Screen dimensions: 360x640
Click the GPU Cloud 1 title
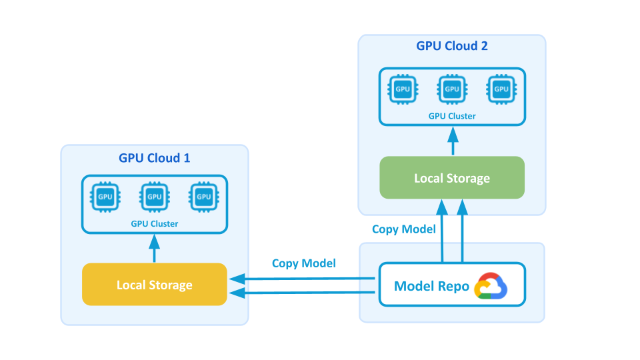[154, 158]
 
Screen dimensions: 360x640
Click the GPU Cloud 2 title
[452, 46]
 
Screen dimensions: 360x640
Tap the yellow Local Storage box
[154, 285]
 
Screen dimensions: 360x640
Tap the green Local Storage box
[452, 178]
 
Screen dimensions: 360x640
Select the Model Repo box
[452, 285]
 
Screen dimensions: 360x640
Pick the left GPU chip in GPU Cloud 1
[105, 197]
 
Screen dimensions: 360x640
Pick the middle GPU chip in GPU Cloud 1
[155, 197]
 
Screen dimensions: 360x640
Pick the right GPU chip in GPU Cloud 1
[203, 197]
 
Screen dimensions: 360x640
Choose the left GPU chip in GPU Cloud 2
[403, 89]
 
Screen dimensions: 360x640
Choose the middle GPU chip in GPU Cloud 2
[452, 89]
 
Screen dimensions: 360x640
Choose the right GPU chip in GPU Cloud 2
[501, 89]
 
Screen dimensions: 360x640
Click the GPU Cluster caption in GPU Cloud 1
[155, 224]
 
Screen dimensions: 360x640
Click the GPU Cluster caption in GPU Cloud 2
[452, 116]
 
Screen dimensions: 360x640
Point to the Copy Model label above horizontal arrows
[304, 263]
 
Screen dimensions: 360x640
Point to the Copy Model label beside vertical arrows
[404, 229]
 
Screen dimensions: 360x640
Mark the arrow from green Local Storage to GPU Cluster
[452, 141]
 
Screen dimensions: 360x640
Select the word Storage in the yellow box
[171, 285]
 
